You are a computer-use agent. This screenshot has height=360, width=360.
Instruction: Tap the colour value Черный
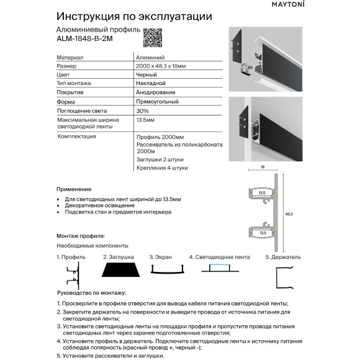pyautogui.click(x=145, y=74)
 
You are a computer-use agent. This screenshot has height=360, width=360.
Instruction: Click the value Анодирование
pyautogui.click(x=154, y=92)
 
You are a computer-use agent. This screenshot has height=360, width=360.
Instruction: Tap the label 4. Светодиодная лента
pyautogui.click(x=218, y=256)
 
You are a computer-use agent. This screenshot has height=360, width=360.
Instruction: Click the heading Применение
pyautogui.click(x=73, y=189)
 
